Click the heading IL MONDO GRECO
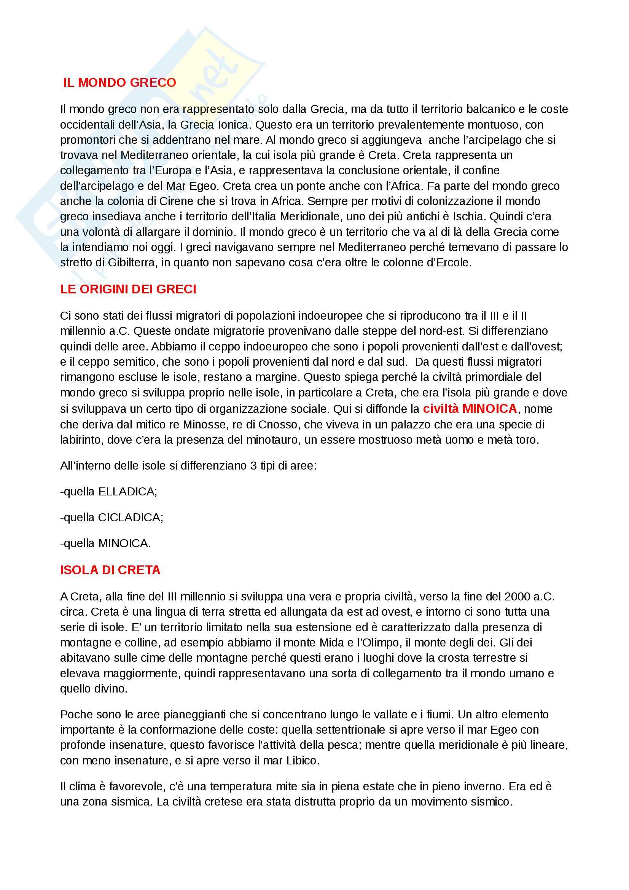(x=119, y=83)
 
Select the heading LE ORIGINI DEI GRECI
(x=128, y=289)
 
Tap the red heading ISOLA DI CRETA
(x=110, y=570)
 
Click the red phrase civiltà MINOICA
(x=470, y=409)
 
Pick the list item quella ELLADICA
(x=109, y=492)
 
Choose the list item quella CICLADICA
(x=111, y=518)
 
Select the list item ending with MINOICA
(x=105, y=543)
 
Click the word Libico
(x=303, y=761)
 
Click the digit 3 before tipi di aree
(x=253, y=465)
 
